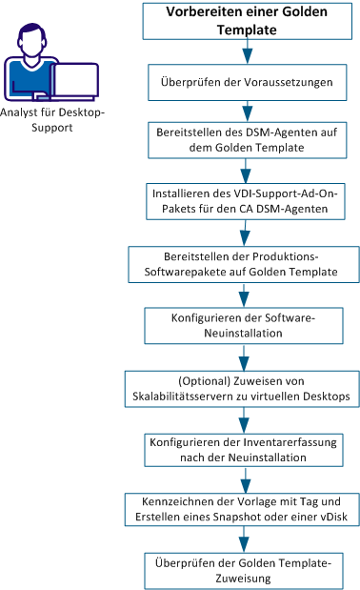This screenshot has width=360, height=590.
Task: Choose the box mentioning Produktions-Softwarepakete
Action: coord(245,264)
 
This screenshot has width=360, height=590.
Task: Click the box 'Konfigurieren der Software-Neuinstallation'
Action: coord(245,326)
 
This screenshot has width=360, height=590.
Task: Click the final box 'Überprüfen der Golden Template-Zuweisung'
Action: coord(245,568)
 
